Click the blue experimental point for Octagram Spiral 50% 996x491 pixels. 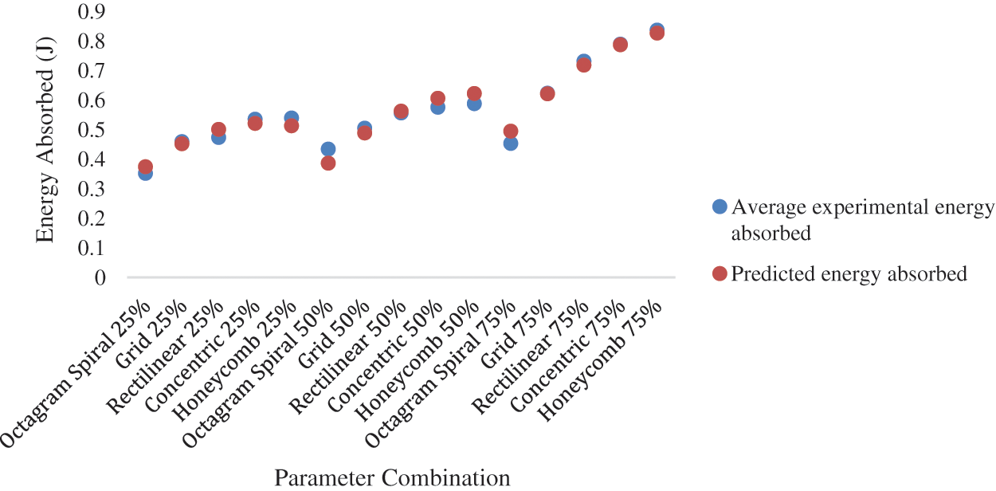(x=327, y=149)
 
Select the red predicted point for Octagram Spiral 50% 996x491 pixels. (x=327, y=163)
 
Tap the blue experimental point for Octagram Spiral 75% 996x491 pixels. (x=511, y=143)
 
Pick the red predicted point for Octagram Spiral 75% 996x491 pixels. (x=511, y=131)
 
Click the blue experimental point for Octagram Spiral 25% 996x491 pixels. (x=145, y=173)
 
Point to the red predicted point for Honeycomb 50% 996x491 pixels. (x=474, y=94)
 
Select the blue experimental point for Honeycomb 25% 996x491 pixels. (x=292, y=118)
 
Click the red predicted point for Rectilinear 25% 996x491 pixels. (x=218, y=129)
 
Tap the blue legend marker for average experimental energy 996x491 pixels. (x=720, y=207)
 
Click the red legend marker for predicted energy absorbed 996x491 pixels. (x=720, y=273)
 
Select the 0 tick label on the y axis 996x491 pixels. (x=100, y=278)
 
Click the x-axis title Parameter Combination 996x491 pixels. (x=392, y=477)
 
